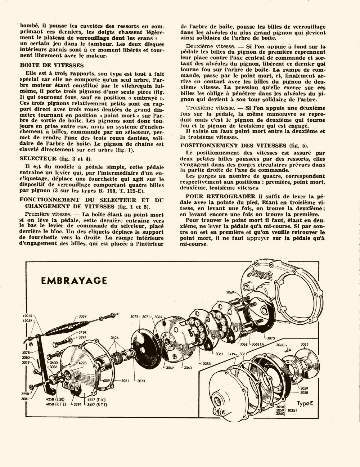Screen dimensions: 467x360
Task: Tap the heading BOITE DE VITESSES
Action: pos(52,65)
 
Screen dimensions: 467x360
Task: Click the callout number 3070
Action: pos(271,338)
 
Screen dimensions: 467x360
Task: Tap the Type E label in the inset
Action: pos(305,404)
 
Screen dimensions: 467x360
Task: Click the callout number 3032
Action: pos(304,345)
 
